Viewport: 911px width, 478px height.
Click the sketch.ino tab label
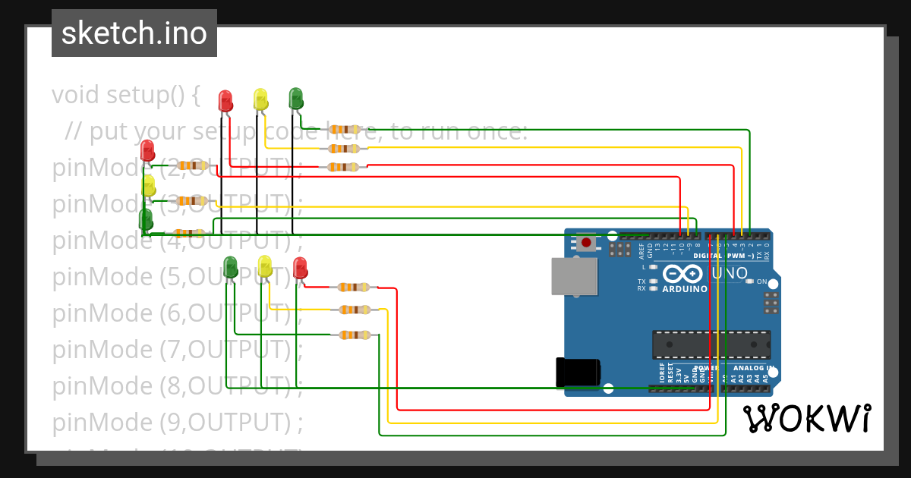coord(134,33)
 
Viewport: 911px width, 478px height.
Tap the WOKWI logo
coord(806,418)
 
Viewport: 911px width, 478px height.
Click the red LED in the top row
coord(225,101)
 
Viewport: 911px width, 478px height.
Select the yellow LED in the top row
coord(260,99)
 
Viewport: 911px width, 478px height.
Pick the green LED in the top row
coord(296,98)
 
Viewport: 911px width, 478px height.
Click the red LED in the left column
coord(147,150)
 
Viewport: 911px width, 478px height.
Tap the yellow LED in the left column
coord(148,186)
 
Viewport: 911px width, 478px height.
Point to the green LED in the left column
coord(146,220)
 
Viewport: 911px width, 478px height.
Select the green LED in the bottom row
coord(231,266)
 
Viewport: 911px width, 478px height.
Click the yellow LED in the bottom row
coord(265,266)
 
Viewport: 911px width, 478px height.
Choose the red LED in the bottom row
coord(300,268)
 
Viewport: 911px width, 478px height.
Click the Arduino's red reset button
coord(586,243)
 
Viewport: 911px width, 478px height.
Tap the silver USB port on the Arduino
coord(574,275)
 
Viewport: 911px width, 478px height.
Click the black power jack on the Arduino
coord(578,372)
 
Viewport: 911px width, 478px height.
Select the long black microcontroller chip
coord(711,344)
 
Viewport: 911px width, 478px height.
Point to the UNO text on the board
coord(729,273)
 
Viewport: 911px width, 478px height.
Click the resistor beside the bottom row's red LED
coord(354,287)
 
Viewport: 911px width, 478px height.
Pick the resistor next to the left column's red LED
coord(192,165)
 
